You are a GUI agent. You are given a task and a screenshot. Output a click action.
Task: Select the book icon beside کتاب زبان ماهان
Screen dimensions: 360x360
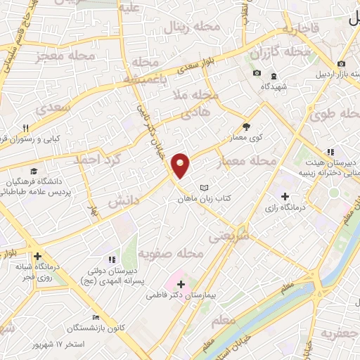click(x=205, y=188)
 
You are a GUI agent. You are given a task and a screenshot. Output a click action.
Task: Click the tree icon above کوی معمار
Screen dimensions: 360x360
click(x=246, y=127)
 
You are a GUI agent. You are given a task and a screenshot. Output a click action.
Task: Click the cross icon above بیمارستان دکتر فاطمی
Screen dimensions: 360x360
click(x=181, y=285)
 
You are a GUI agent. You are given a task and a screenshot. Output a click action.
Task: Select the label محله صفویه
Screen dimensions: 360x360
click(x=170, y=252)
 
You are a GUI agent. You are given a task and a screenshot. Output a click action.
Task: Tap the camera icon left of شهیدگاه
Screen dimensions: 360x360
click(x=257, y=74)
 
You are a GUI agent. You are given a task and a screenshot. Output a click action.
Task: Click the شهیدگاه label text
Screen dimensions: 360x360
click(x=274, y=86)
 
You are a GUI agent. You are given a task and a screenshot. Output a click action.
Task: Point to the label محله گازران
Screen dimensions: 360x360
click(x=280, y=53)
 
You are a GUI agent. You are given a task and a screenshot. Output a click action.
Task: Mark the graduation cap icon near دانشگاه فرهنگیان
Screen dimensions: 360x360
click(x=34, y=171)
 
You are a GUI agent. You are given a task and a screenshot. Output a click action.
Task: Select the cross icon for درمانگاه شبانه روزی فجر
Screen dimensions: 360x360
click(x=37, y=257)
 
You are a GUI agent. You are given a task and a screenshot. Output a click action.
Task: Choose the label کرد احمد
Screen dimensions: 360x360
click(x=99, y=161)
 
